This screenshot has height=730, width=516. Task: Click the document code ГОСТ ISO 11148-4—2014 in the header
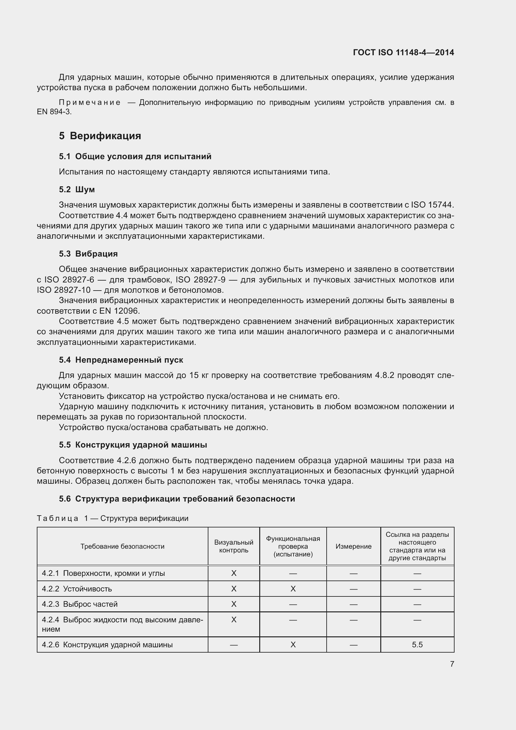pos(403,52)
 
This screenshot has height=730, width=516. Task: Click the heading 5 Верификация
pos(100,136)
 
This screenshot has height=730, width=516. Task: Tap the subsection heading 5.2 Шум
pos(76,189)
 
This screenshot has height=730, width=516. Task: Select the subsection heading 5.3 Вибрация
pos(88,254)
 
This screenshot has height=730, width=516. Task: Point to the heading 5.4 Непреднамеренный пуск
pos(121,360)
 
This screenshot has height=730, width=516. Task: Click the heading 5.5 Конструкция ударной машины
pos(133,445)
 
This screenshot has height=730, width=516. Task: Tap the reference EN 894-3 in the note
pos(54,112)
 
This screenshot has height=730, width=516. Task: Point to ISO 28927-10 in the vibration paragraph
pos(64,290)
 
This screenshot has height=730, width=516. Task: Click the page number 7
pos(452,664)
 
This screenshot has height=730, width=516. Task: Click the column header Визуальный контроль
pos(234,546)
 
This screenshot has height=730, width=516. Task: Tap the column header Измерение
pos(353,546)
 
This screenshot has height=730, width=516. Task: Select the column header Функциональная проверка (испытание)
pos(293,546)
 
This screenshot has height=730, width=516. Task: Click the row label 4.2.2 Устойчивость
pos(77,589)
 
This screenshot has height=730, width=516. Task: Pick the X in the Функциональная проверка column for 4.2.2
pos(293,589)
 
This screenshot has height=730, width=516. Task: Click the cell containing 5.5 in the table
pos(417,645)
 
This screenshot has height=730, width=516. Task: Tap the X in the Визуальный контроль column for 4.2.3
pos(234,604)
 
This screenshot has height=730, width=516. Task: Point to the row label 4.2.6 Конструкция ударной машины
pos(107,645)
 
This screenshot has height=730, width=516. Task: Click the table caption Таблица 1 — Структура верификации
pos(113,518)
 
